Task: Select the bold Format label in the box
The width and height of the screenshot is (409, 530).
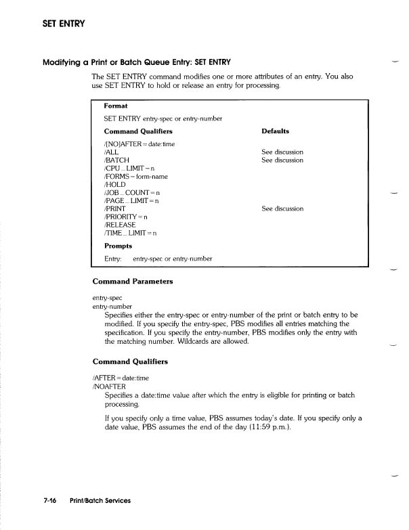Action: coord(116,106)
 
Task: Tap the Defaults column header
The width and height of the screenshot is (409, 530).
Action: coord(275,131)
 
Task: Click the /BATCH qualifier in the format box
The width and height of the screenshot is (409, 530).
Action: coord(116,160)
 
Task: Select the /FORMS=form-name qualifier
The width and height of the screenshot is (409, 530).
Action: coord(135,177)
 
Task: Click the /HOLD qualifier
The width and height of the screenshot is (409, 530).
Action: coord(115,185)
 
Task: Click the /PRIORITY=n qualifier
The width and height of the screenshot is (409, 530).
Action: coord(127,217)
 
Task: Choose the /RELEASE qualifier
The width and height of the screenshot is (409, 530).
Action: coord(120,225)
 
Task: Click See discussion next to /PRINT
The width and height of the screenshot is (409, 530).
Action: coord(282,209)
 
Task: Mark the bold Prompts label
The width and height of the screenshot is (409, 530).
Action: coord(118,246)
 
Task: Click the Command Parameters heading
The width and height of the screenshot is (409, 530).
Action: coord(133,282)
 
